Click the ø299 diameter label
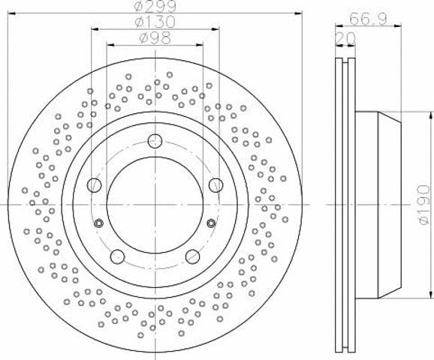point(155,6)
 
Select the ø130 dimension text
point(155,22)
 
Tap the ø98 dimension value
point(155,38)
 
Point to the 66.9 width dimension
point(368,19)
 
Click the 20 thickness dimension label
point(345,38)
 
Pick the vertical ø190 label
point(424,205)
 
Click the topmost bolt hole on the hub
point(155,141)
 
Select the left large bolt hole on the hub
point(95,185)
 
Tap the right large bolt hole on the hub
point(216,185)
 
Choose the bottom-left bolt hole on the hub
point(118,256)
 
